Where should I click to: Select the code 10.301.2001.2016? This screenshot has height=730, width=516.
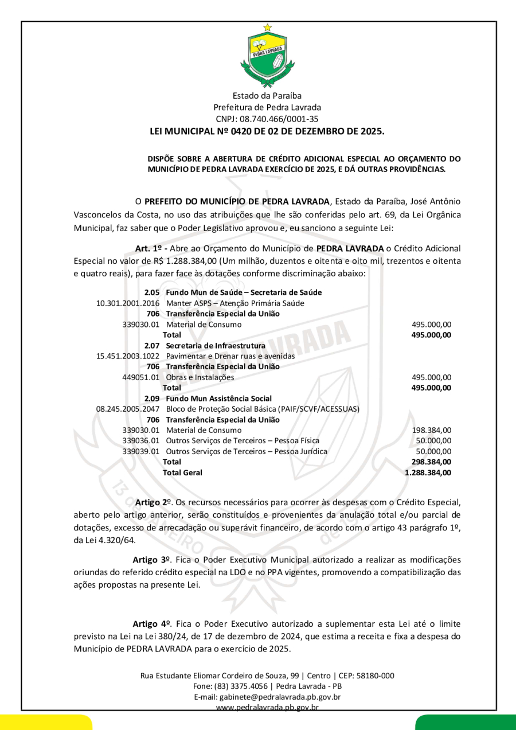(x=127, y=303)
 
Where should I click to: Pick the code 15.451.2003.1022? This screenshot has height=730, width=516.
(x=127, y=356)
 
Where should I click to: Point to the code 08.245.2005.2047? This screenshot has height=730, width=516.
(x=127, y=409)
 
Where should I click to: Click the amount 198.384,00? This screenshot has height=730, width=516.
(x=432, y=430)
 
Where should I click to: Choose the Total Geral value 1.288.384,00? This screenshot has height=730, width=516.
(x=428, y=473)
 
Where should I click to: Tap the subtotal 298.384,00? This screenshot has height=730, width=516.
(x=431, y=462)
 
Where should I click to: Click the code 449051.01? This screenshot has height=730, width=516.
(x=141, y=377)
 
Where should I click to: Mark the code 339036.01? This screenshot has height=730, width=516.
(x=141, y=440)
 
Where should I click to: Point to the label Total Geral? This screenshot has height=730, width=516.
(x=182, y=473)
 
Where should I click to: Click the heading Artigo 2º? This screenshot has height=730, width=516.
(x=150, y=502)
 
